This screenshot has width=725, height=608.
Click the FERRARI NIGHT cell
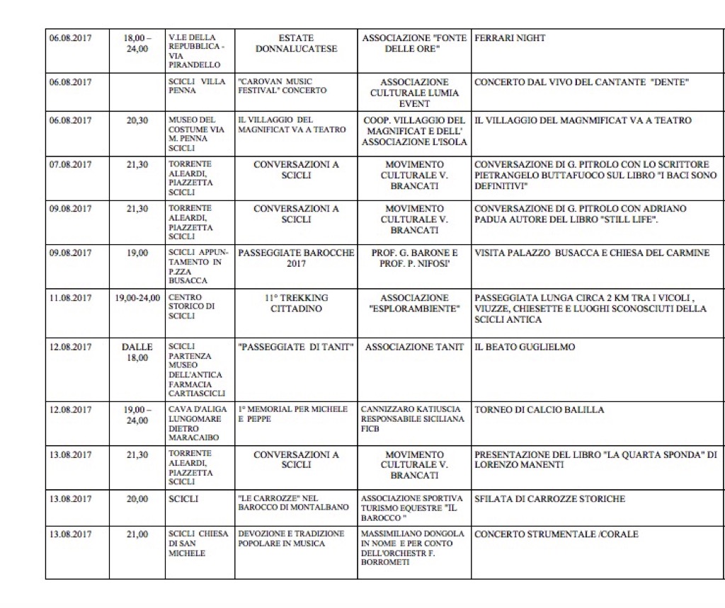point(510,38)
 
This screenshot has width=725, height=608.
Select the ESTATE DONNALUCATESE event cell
point(296,43)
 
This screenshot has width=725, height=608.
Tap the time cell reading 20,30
point(137,121)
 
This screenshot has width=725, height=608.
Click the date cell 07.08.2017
point(70,165)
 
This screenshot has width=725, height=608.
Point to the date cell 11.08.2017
point(70,298)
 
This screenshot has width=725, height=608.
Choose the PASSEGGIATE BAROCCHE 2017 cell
point(296,258)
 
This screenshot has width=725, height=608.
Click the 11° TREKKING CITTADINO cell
point(296,303)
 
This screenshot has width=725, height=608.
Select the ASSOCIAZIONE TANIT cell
point(414,347)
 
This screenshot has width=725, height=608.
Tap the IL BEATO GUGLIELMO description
point(525,348)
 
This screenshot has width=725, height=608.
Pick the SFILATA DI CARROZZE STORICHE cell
point(549,499)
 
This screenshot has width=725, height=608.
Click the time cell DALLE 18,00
point(137,352)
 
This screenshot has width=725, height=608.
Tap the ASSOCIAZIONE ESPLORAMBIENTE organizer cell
point(414,303)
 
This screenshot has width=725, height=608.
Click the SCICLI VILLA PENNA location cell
point(197,86)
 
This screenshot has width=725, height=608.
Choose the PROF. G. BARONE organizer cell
point(414,258)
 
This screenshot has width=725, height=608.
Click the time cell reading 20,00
point(137,499)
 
